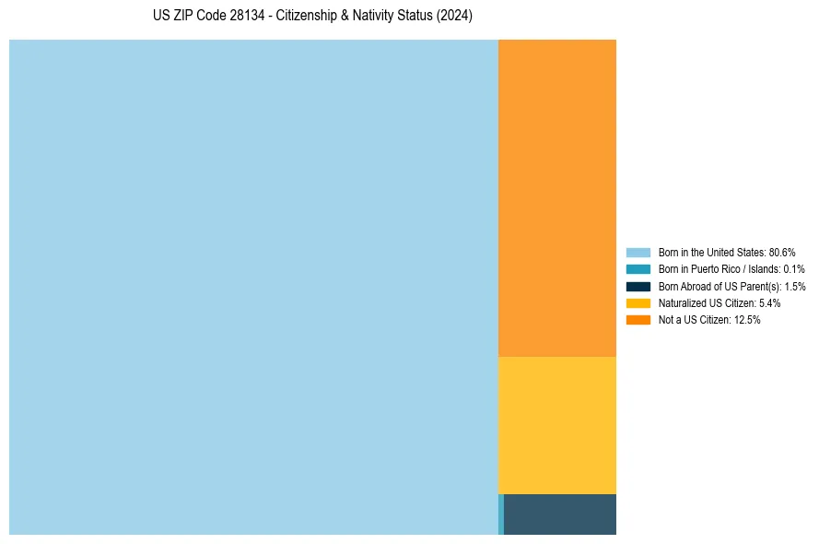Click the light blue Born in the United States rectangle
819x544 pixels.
tap(253, 287)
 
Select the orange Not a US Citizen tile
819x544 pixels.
tap(557, 197)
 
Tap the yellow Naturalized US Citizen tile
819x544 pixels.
tap(557, 425)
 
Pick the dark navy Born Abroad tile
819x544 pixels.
tap(560, 514)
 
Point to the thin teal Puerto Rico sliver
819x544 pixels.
tap(501, 514)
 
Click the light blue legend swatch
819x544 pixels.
tap(638, 252)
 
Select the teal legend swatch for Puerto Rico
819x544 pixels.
tap(638, 269)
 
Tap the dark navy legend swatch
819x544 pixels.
tap(638, 286)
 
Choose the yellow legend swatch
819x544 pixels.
tap(638, 303)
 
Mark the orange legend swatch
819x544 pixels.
tap(638, 320)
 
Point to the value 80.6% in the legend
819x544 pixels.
tap(782, 252)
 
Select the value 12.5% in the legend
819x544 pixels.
tap(747, 320)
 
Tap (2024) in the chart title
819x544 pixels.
tap(454, 17)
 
